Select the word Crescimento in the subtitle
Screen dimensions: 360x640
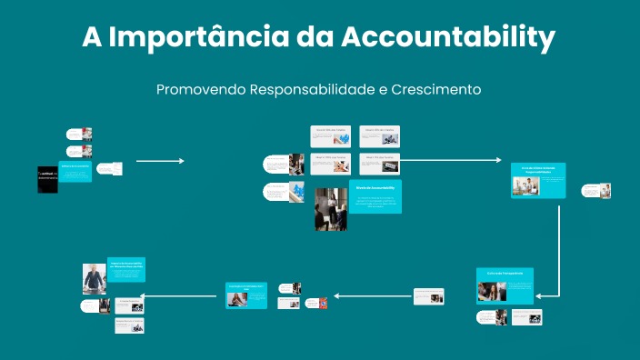435,90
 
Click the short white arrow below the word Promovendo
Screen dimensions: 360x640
160,161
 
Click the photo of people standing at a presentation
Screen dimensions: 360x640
331,209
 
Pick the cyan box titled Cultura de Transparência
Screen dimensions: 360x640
505,285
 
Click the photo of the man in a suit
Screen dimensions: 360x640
95,279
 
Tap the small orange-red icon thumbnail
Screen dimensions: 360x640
323,302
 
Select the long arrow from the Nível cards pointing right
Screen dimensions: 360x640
450,160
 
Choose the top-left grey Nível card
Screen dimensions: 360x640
331,135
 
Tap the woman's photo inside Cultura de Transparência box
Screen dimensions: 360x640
492,291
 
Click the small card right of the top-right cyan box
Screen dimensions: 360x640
597,191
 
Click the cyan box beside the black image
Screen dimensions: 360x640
75,171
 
